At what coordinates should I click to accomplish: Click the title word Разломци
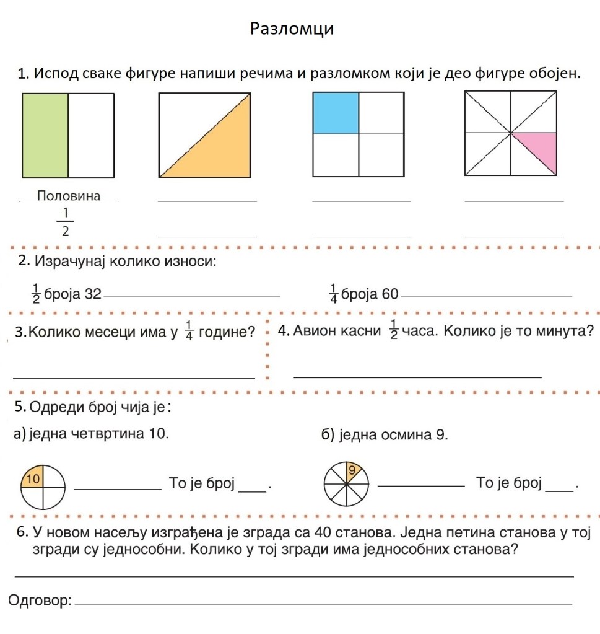[x=292, y=29]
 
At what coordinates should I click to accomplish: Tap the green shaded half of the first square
[x=45, y=136]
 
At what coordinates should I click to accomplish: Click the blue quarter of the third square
[x=336, y=113]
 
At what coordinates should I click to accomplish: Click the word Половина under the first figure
[x=69, y=196]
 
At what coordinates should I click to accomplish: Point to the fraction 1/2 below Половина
[x=65, y=222]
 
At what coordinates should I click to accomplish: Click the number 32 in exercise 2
[x=92, y=294]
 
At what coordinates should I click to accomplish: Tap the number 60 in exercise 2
[x=390, y=294]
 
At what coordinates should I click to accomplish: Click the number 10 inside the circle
[x=33, y=478]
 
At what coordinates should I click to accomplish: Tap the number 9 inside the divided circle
[x=352, y=470]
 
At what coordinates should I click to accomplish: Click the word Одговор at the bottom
[x=38, y=600]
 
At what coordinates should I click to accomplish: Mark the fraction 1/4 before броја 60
[x=333, y=293]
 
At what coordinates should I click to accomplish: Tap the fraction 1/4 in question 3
[x=189, y=331]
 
